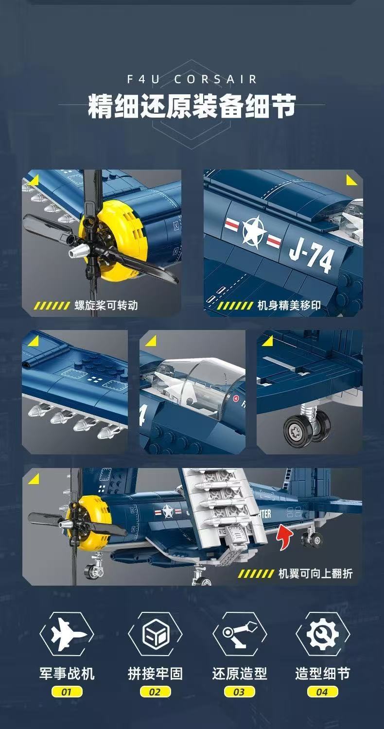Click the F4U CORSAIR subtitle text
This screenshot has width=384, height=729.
192,79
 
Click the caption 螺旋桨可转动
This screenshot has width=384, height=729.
106,305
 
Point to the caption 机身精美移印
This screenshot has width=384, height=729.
289,305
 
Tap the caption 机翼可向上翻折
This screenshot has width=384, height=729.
315,573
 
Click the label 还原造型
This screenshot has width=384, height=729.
239,674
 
